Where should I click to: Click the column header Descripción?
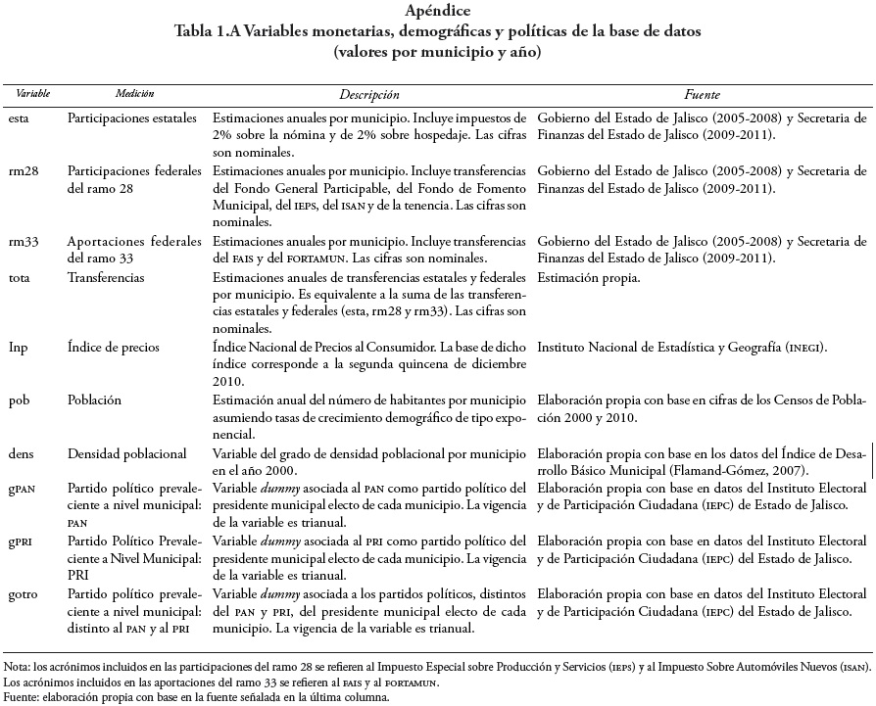[369, 94]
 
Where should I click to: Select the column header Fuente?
[703, 94]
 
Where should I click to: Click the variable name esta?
[19, 118]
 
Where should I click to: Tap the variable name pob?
[19, 401]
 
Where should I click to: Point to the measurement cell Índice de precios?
[116, 348]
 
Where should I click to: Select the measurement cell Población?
[95, 401]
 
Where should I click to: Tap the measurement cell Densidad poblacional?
[126, 453]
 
